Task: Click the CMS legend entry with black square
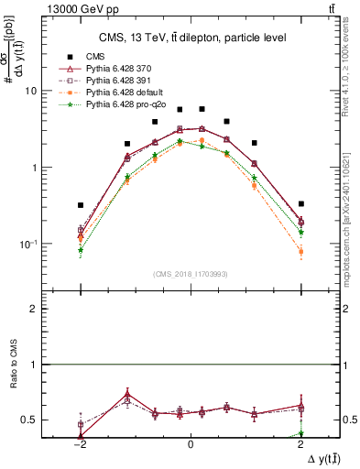coord(95,56)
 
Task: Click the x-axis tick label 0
coord(190,442)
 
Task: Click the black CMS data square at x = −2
coord(81,205)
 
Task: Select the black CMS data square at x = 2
coord(300,203)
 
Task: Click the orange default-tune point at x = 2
coord(300,251)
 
